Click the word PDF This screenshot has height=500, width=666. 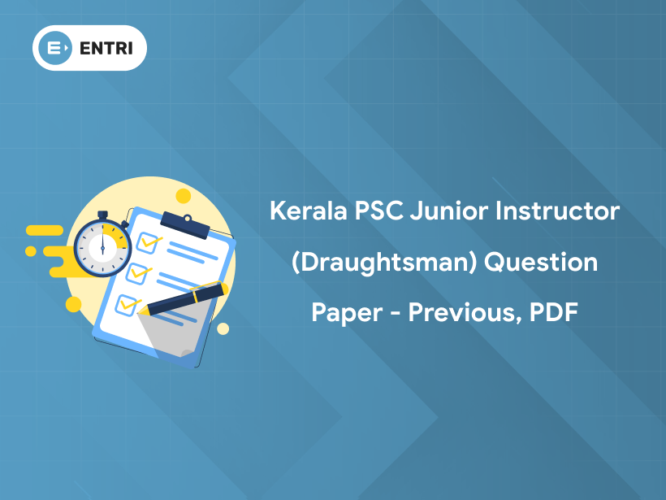553,312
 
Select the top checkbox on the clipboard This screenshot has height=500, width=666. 149,241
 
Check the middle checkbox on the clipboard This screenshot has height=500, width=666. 137,272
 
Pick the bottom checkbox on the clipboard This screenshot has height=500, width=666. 127,305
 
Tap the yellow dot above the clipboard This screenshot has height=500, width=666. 184,196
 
